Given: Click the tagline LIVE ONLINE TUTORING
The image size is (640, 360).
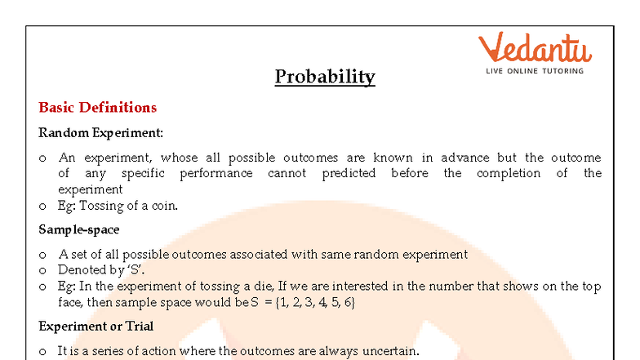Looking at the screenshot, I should click(535, 71).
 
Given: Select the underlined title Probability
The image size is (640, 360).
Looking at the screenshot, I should click(325, 77).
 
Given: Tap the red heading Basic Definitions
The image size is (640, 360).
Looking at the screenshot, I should click(98, 108).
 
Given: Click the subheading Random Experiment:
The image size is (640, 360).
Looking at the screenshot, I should click(101, 132).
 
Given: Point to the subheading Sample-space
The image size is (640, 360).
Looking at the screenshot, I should click(79, 229).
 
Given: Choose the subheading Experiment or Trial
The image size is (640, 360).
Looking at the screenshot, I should click(96, 327).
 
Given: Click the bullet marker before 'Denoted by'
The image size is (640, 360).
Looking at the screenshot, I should click(42, 270).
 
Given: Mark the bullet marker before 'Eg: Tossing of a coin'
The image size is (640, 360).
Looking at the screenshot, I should click(42, 207).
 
